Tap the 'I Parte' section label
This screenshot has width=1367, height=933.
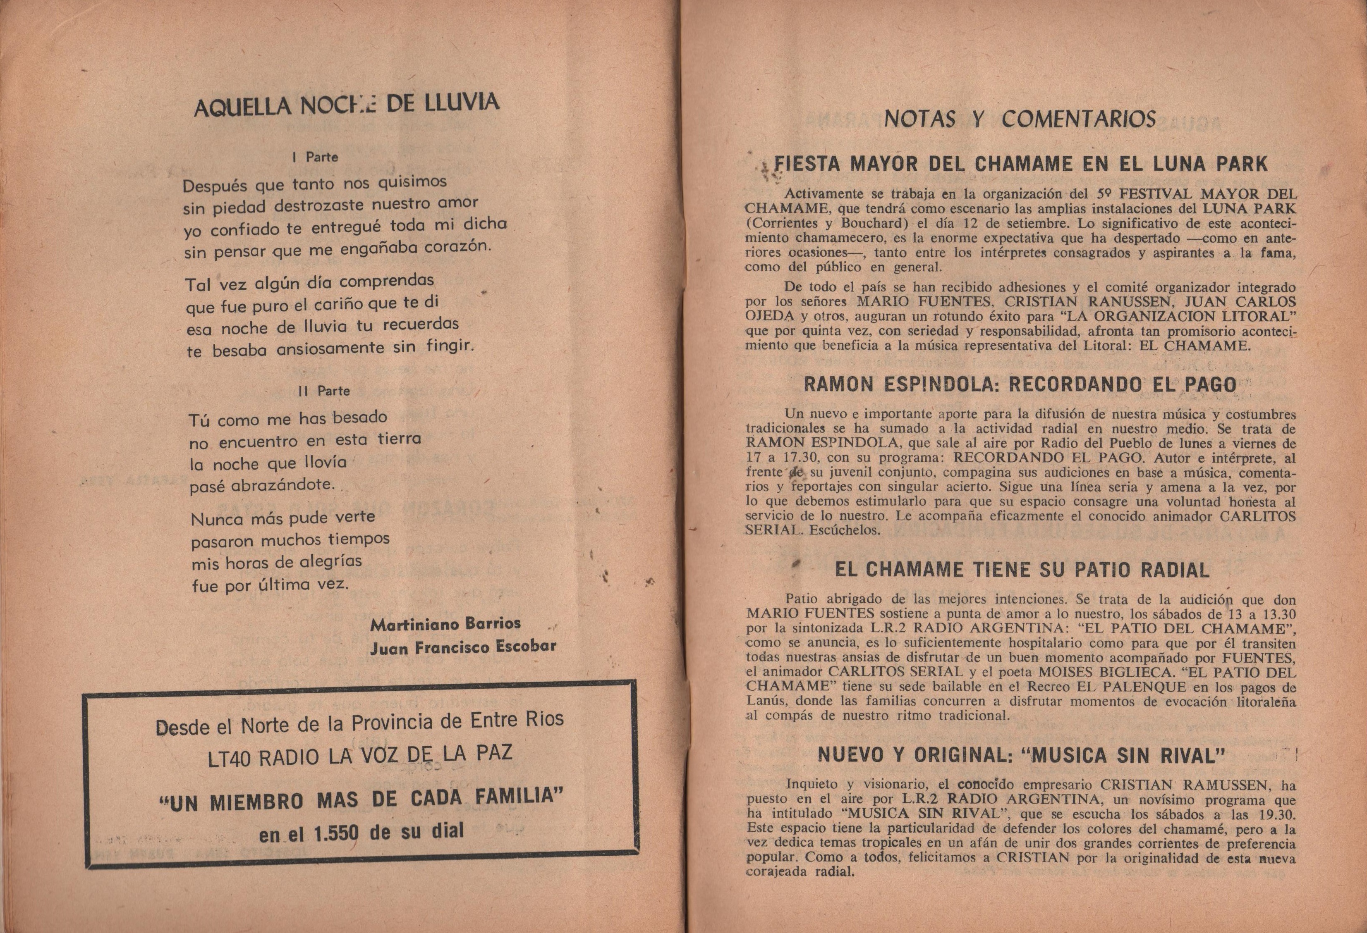coord(315,157)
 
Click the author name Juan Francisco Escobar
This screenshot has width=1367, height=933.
coord(463,647)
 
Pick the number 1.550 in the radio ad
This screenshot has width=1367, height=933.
coord(332,834)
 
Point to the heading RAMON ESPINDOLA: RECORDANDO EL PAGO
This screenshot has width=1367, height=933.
coord(1020,384)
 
